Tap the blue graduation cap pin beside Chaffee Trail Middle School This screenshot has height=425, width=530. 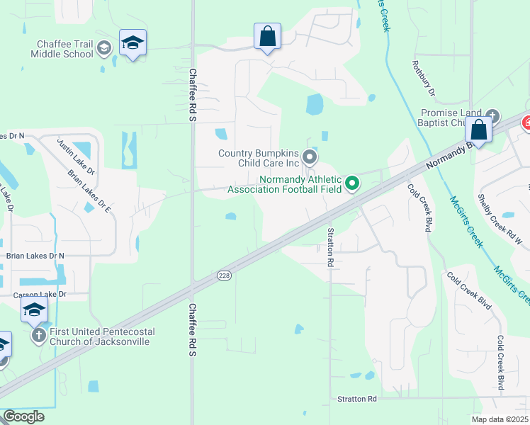(x=132, y=43)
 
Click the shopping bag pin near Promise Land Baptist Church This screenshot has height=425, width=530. (x=478, y=130)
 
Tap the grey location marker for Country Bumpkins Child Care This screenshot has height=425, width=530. (x=309, y=157)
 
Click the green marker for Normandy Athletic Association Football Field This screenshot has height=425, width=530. (x=352, y=185)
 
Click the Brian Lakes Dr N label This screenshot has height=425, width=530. (x=35, y=256)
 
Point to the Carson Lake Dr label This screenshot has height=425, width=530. (x=40, y=294)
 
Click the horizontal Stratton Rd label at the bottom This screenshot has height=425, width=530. (x=357, y=399)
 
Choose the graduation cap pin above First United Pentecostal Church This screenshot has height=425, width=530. (x=33, y=309)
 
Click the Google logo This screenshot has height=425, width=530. (x=23, y=416)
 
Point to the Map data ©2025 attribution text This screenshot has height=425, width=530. (x=499, y=419)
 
